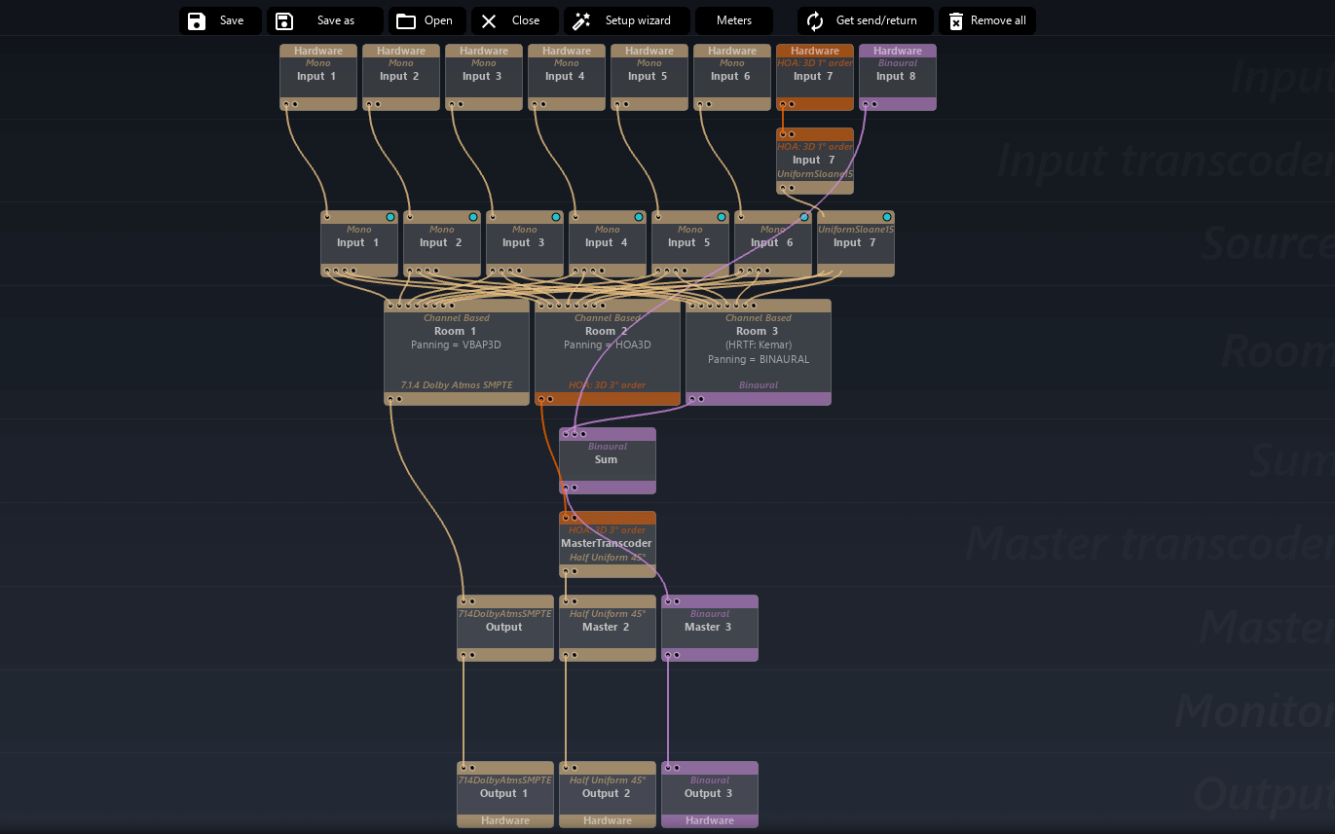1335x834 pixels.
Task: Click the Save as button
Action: (x=325, y=20)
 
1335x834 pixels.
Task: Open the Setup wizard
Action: (x=627, y=20)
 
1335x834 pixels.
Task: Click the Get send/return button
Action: (x=865, y=20)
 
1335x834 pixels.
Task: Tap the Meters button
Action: (x=734, y=20)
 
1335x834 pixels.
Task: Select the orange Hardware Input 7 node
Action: (x=814, y=77)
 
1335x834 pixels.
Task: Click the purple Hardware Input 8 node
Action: (x=897, y=77)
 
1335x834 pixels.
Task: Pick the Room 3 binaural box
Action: (x=758, y=351)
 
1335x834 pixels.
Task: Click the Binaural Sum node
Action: (x=607, y=460)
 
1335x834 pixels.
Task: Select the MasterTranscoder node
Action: (x=607, y=544)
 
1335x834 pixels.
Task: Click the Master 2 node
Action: (x=607, y=628)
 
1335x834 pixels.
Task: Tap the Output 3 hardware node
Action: (x=709, y=794)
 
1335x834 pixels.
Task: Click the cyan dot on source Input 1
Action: (x=390, y=217)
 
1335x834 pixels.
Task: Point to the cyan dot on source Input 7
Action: (x=887, y=217)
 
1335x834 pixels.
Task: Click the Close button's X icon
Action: (x=489, y=20)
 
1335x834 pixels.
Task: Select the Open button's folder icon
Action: (x=406, y=20)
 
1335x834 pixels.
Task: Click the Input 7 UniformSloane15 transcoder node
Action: (x=814, y=161)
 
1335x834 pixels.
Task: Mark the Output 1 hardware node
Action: (x=504, y=794)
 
